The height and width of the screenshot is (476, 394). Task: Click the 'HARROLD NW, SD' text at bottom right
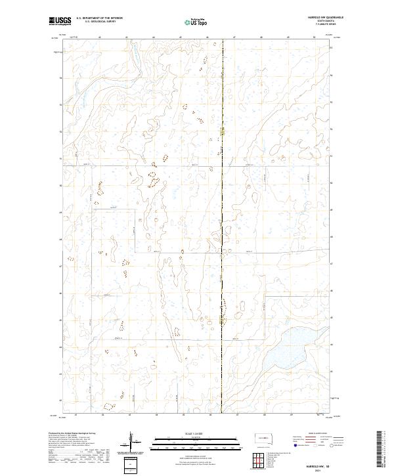tap(315, 465)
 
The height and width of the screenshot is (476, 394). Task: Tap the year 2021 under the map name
tap(315, 470)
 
